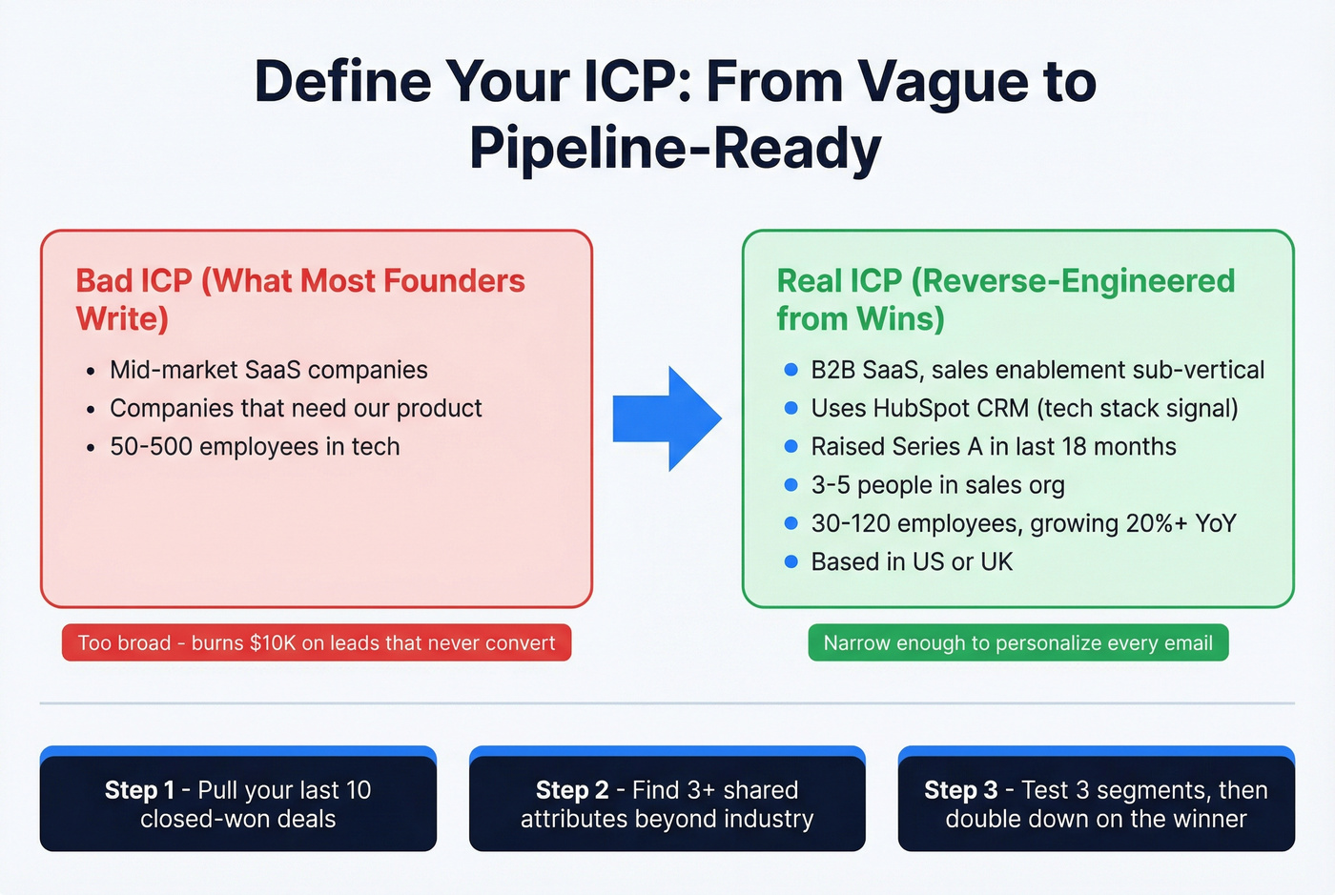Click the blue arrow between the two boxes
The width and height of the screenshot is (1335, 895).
(x=667, y=418)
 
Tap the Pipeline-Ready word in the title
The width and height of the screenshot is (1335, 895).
(x=675, y=149)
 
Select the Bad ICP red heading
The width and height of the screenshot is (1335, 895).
(x=299, y=299)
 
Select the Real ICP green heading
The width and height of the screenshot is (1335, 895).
(x=1005, y=299)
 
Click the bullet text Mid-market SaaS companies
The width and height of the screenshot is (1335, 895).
(x=268, y=370)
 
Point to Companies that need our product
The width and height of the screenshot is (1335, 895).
(x=296, y=408)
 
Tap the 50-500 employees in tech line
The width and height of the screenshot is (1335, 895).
(x=255, y=446)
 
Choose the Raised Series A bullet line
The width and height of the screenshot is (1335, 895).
(x=993, y=446)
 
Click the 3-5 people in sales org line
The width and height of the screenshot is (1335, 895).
(x=937, y=485)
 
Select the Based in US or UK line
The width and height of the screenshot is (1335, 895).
(x=912, y=561)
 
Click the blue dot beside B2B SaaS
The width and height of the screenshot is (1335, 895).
(x=791, y=370)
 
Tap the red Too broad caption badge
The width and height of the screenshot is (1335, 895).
(x=317, y=642)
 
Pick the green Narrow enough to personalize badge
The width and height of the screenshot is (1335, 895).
(x=1017, y=642)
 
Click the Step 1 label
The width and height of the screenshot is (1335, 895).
(x=139, y=790)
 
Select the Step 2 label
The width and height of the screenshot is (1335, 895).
(x=571, y=790)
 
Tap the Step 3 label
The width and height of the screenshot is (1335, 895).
(x=960, y=790)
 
